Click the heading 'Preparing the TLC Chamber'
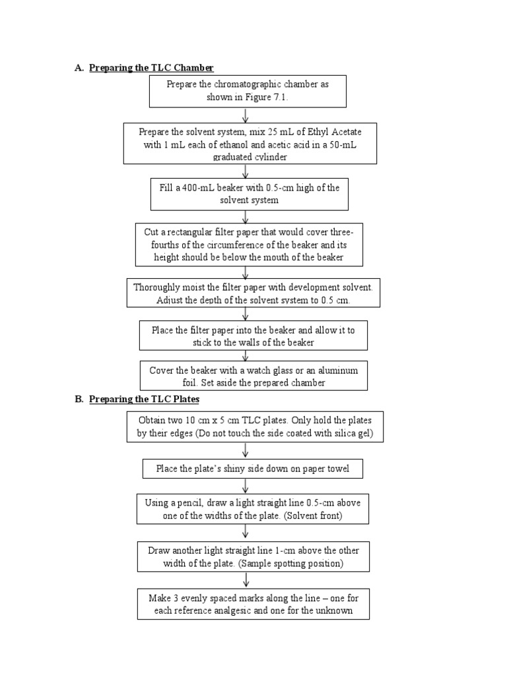151,68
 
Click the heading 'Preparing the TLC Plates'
144,399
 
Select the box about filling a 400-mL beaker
249,194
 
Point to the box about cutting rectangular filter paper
249,245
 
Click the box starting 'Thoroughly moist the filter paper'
253,293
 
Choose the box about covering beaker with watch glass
253,376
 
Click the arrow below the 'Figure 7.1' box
246,116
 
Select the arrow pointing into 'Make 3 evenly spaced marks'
246,579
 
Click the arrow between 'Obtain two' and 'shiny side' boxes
246,450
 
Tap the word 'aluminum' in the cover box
335,370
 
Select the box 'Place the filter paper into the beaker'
253,336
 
